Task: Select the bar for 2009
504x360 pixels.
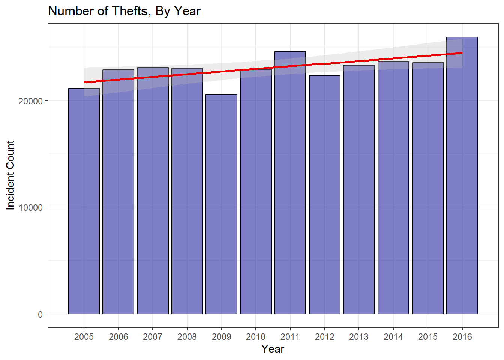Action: click(221, 204)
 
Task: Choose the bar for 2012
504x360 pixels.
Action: click(325, 195)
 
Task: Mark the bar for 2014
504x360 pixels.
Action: click(393, 187)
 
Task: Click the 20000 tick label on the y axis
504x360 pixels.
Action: click(30, 101)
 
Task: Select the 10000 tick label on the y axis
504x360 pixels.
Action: click(30, 208)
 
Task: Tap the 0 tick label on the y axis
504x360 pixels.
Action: click(40, 314)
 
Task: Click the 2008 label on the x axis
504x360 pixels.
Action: click(187, 337)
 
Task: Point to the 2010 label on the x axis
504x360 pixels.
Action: click(256, 337)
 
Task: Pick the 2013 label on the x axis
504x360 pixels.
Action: click(359, 337)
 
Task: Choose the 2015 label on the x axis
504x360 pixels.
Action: click(428, 337)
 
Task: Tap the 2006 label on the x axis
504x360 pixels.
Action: click(118, 337)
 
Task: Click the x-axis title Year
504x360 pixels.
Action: click(273, 349)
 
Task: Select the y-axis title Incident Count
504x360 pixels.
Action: click(10, 175)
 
